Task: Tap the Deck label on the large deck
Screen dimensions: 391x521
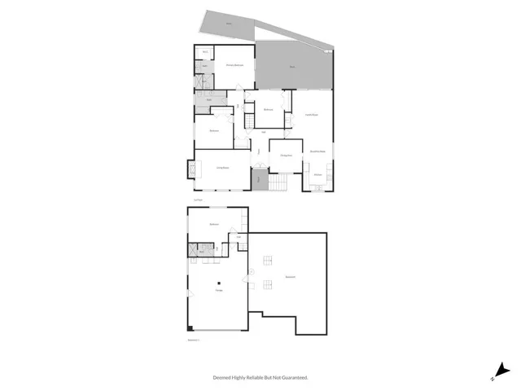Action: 292,67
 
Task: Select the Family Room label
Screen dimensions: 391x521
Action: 310,115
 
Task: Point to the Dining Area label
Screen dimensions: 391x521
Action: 286,155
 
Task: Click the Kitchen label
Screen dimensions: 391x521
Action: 318,175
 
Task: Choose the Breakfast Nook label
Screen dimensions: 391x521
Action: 317,152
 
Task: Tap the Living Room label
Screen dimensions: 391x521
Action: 221,168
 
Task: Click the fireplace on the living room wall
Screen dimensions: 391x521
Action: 191,169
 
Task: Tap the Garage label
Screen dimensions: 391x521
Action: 218,291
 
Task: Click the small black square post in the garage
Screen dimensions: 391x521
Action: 218,283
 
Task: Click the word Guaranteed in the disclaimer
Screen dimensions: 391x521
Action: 292,377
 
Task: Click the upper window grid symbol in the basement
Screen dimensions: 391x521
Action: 265,260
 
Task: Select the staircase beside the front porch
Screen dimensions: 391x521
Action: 278,185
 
